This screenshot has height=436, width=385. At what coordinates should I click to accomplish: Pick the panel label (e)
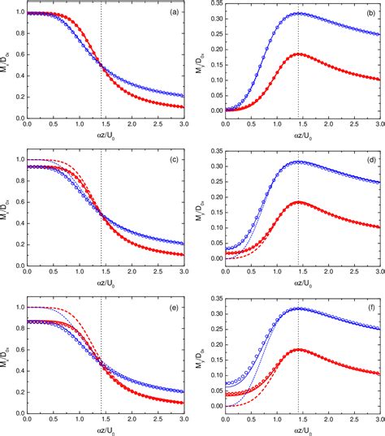point(175,306)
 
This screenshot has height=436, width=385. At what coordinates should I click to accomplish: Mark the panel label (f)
point(369,306)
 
